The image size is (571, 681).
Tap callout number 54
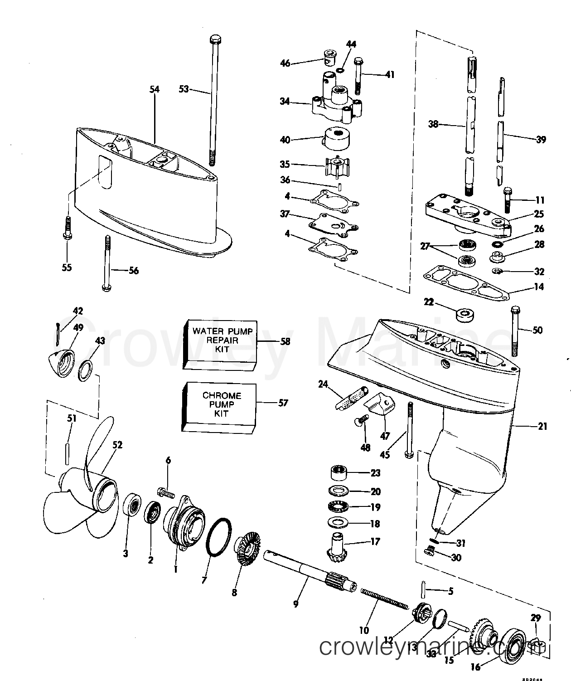coord(155,90)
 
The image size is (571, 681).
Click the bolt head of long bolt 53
coord(214,39)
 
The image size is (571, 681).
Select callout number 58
coord(285,341)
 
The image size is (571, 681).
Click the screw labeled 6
coord(166,491)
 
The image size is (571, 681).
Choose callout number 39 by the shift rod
coord(540,140)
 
